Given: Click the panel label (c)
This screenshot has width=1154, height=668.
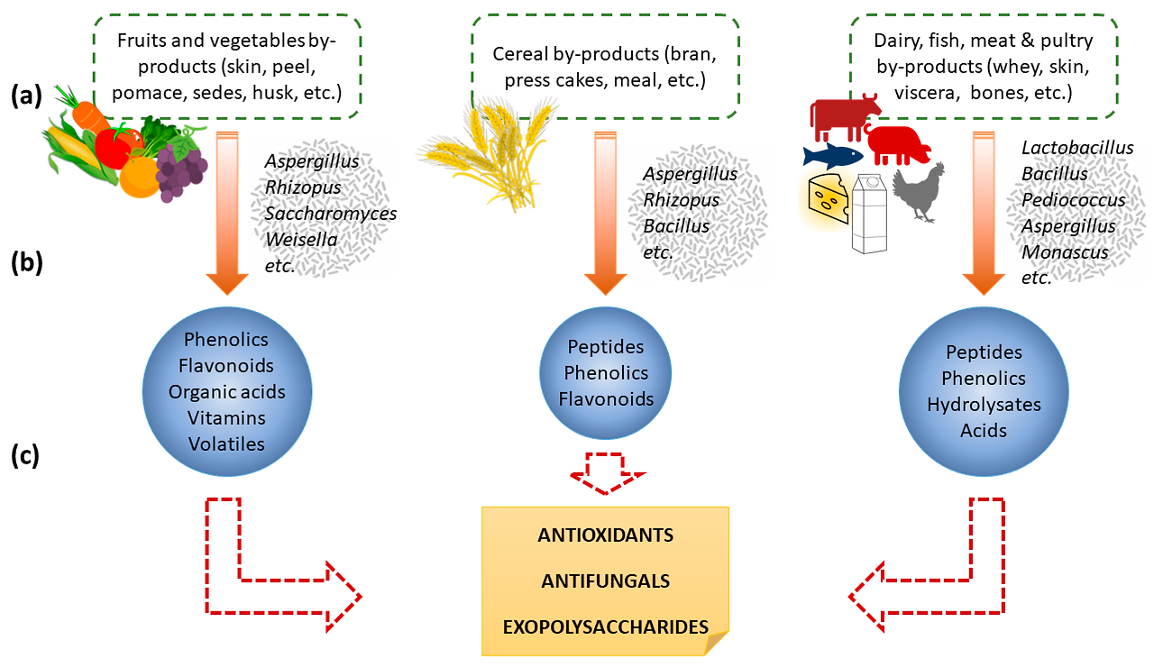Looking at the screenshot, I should click(x=25, y=456).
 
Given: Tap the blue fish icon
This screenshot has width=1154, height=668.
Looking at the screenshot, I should click(x=832, y=156).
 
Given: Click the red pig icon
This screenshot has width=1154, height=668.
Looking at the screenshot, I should click(x=898, y=144).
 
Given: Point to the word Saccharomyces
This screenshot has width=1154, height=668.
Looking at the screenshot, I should click(x=330, y=214).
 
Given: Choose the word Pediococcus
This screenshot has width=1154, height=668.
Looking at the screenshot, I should click(x=1073, y=200).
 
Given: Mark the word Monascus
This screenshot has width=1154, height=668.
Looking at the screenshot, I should click(x=1065, y=252).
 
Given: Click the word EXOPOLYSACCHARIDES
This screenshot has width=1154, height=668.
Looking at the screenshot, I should click(x=605, y=627).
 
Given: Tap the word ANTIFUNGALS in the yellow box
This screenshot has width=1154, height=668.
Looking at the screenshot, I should click(x=605, y=581).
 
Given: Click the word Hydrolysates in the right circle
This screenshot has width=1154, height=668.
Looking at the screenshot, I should click(x=984, y=405).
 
